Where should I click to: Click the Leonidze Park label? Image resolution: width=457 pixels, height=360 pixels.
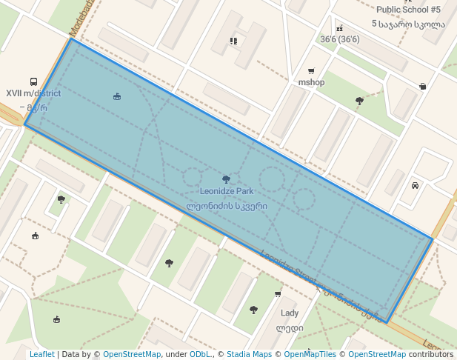[x=226, y=191]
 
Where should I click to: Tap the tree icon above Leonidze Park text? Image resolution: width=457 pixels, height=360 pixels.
[x=226, y=179]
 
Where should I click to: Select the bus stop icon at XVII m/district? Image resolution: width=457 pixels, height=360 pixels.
[x=33, y=82]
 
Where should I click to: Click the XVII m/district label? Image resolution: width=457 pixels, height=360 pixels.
[x=33, y=93]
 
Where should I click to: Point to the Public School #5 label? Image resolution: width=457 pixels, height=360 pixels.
[x=408, y=10]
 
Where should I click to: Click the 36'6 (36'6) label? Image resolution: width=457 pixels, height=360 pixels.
[x=339, y=39]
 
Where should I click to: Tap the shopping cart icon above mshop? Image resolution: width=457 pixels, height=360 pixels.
[x=311, y=72]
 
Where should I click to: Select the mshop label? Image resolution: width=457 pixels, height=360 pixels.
[x=311, y=82]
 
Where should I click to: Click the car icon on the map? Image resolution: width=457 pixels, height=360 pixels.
[x=415, y=185]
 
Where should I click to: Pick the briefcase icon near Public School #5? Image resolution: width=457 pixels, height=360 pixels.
[x=422, y=86]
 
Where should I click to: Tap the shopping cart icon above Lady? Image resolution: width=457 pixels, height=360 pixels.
[x=278, y=294]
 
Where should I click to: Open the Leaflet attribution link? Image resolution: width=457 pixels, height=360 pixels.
[x=41, y=355]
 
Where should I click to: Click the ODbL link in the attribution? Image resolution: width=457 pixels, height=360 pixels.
[x=199, y=355]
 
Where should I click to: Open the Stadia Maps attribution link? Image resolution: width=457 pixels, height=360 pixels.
[x=249, y=355]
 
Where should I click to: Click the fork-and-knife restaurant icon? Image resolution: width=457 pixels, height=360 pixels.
[x=233, y=41]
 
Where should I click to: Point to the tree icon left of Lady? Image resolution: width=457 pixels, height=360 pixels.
[x=253, y=310]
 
